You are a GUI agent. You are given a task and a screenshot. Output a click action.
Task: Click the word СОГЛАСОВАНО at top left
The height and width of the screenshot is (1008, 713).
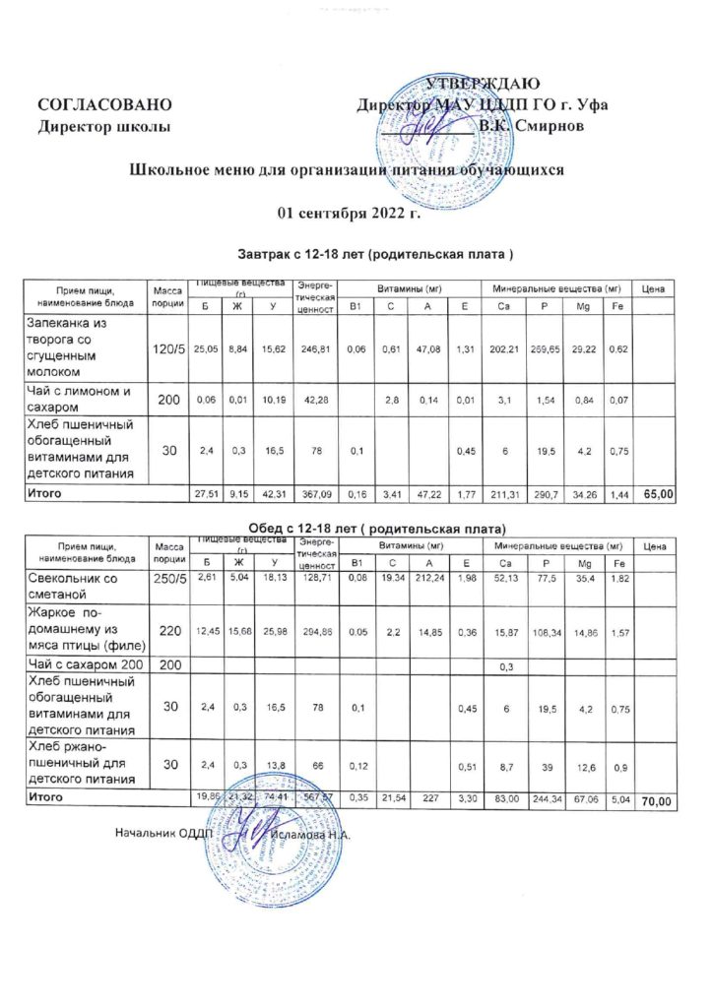click(105, 104)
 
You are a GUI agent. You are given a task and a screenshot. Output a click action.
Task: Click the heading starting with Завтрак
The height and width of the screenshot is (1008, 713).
click(376, 255)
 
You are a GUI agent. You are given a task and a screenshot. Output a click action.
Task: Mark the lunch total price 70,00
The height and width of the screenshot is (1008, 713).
click(657, 804)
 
